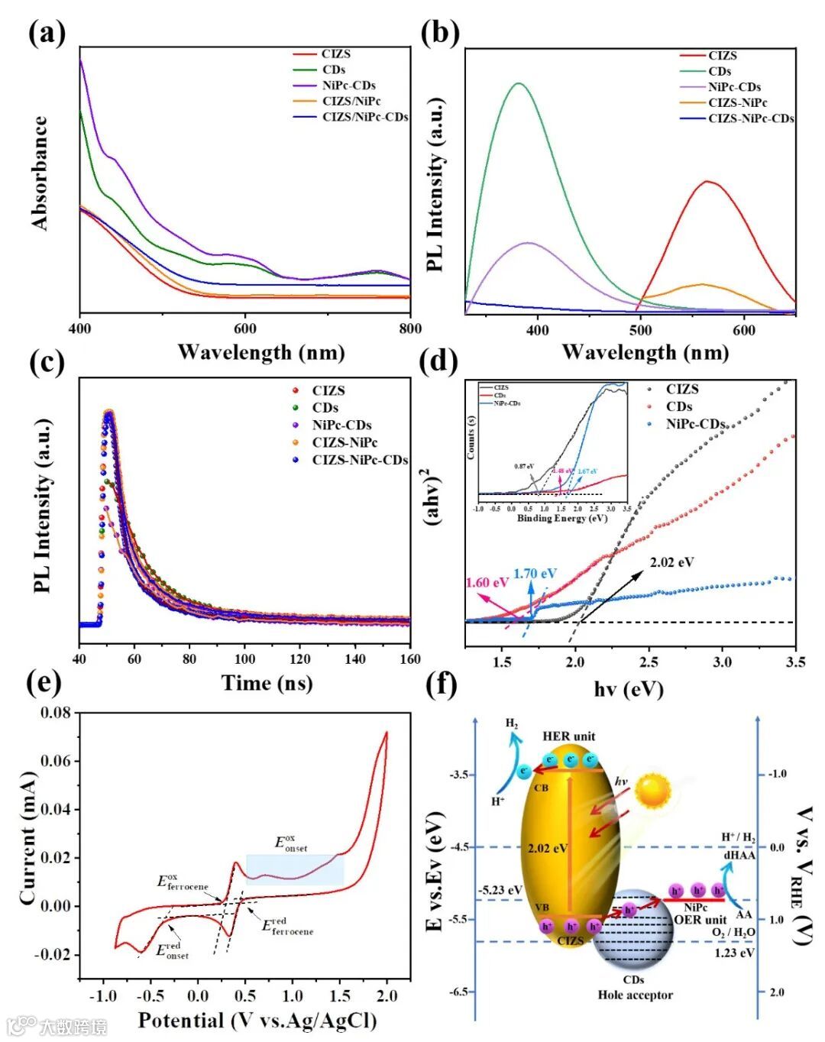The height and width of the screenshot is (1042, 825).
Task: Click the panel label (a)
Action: (x=47, y=34)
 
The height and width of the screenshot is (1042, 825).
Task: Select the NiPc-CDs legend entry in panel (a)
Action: (x=348, y=86)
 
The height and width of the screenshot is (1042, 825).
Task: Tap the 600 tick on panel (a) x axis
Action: (x=245, y=328)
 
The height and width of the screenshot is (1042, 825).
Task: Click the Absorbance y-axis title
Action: (x=40, y=173)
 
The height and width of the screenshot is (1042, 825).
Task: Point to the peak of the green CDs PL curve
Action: (x=519, y=83)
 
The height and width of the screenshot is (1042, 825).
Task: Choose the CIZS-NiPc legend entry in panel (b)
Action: (x=737, y=102)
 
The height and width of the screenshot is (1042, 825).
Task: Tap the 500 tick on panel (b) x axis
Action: (x=641, y=330)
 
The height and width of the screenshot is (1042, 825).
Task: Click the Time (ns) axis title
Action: (x=267, y=682)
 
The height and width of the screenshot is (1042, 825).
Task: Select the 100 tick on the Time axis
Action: (x=244, y=659)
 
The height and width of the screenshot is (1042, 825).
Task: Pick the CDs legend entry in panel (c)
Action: (x=325, y=408)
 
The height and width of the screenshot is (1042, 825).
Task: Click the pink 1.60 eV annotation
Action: (x=487, y=583)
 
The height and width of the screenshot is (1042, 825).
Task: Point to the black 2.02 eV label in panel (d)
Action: (x=671, y=562)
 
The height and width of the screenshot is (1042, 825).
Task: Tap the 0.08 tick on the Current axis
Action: (x=55, y=713)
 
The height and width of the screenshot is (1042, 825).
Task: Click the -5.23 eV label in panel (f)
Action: (x=500, y=890)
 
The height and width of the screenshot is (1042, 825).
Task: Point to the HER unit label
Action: (x=569, y=736)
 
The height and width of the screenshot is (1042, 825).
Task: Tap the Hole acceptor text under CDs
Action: (x=636, y=995)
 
